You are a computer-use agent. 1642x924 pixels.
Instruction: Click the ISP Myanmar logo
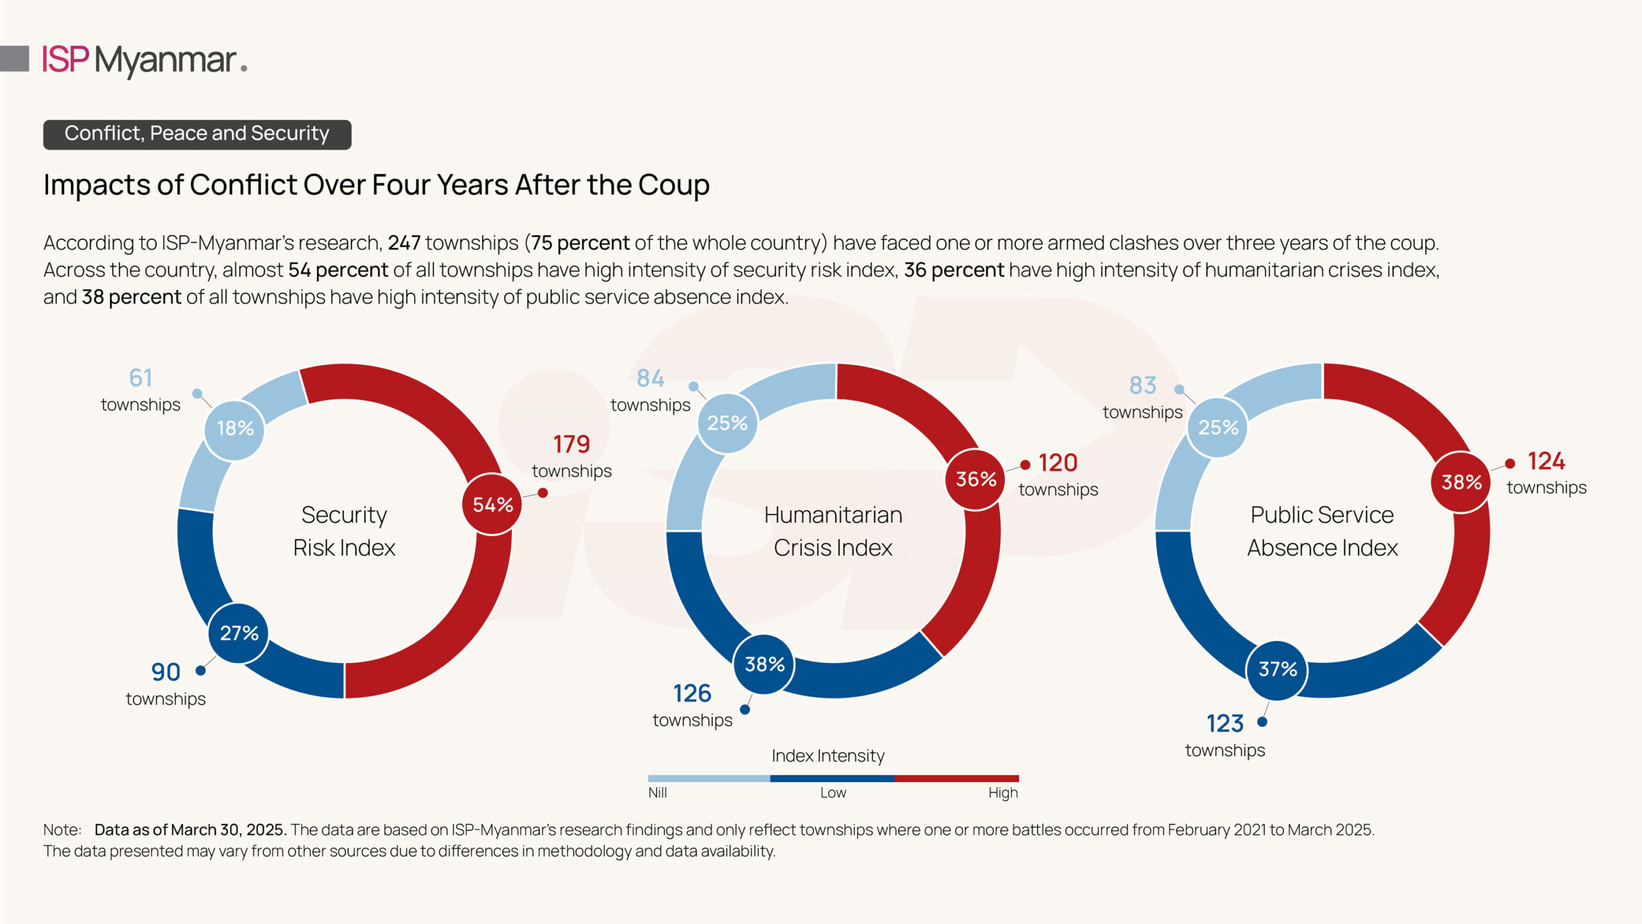144,60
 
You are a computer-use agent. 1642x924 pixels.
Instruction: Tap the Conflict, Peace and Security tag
197,133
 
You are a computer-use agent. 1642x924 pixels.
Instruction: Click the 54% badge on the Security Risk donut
493,505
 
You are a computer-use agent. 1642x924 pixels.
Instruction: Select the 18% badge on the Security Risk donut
235,429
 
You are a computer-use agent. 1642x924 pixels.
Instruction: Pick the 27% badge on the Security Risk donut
239,633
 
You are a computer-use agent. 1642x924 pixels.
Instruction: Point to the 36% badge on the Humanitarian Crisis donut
976,479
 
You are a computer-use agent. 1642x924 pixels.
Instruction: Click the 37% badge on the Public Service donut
1277,669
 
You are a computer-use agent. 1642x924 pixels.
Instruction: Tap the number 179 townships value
571,444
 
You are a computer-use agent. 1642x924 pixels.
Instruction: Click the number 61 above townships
140,378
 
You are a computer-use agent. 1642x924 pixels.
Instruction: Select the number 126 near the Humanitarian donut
692,694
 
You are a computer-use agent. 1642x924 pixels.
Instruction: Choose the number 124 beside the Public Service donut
1546,461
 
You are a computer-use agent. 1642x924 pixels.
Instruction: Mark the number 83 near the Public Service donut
1142,386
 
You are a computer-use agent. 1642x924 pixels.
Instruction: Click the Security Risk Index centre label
344,531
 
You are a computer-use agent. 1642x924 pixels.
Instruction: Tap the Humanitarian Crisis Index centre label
833,531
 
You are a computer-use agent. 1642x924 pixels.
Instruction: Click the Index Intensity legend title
827,756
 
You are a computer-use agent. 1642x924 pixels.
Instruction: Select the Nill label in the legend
657,793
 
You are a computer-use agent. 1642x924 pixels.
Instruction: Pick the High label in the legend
1003,793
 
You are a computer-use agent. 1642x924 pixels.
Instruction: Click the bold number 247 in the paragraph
404,243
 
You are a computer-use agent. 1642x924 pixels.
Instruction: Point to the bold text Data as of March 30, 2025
190,830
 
